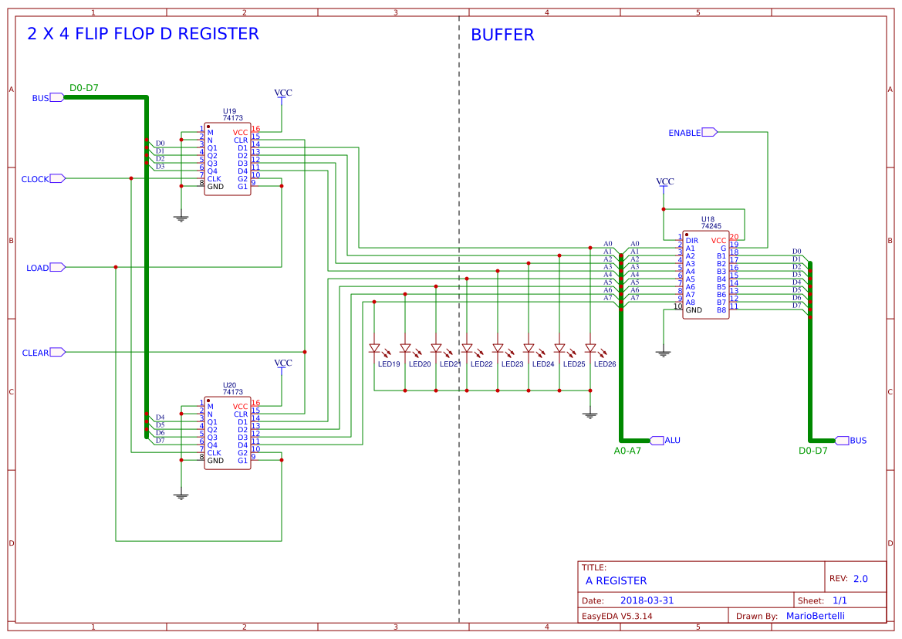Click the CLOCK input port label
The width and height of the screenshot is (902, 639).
(x=35, y=179)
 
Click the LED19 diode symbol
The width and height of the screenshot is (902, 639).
(x=374, y=348)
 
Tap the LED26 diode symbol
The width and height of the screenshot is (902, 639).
(x=590, y=348)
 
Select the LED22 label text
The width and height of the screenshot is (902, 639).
(x=481, y=364)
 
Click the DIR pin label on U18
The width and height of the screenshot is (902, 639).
(x=691, y=241)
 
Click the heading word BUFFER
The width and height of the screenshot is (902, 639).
(x=502, y=35)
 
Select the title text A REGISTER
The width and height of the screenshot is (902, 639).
(x=616, y=580)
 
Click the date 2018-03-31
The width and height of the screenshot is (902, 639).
(x=647, y=600)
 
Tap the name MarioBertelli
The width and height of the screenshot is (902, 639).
(x=815, y=616)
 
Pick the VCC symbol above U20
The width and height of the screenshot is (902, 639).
(x=283, y=363)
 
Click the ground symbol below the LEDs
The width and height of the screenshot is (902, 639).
(x=590, y=414)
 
